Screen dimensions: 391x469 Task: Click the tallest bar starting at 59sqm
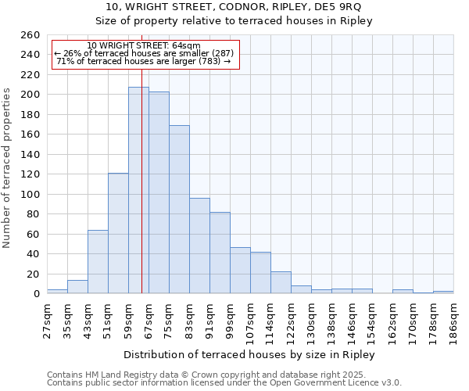tap(138, 190)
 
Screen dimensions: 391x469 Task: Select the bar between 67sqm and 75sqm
tap(159, 192)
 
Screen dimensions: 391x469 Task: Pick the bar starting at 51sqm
tap(118, 233)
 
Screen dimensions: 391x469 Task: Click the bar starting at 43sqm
tap(98, 262)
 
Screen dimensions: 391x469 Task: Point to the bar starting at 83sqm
tap(199, 246)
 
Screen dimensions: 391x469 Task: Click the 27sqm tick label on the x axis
tap(47, 318)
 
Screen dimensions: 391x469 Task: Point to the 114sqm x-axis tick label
tap(270, 320)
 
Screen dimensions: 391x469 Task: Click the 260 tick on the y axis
tap(30, 35)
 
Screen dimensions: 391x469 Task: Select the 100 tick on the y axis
tap(30, 194)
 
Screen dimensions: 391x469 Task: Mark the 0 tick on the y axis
tap(36, 294)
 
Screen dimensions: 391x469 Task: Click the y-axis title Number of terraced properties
tap(8, 167)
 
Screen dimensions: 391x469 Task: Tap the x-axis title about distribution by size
tap(249, 355)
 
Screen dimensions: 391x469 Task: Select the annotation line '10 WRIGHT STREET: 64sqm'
tap(144, 45)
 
